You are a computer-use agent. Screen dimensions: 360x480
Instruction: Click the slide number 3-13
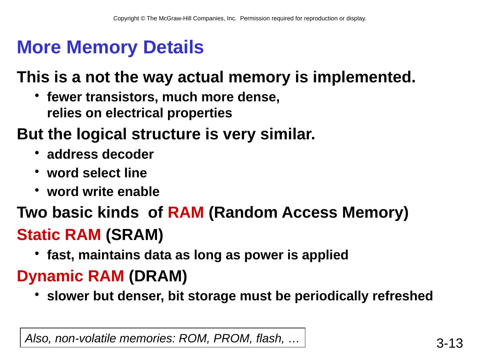[x=450, y=343]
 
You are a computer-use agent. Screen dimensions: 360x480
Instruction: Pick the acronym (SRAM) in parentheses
[x=134, y=235]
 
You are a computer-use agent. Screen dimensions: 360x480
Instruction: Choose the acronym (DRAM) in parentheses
[x=158, y=276]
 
